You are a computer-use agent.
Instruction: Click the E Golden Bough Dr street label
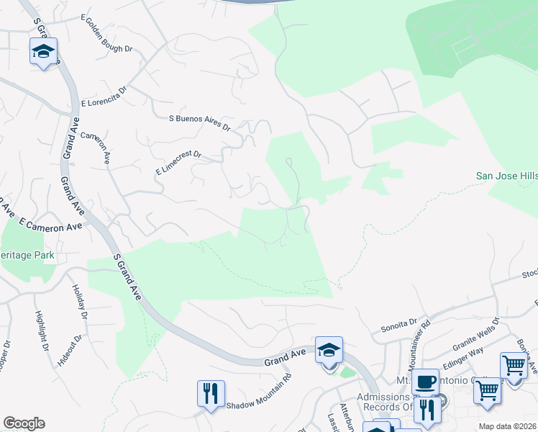click(107, 33)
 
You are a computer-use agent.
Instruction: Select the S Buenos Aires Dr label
click(199, 122)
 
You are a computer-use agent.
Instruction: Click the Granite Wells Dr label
click(468, 334)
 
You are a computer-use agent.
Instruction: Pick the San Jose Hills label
click(507, 176)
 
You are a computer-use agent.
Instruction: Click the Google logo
click(24, 423)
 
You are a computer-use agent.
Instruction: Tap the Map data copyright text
click(508, 426)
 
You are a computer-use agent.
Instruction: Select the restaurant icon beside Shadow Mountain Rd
click(211, 393)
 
